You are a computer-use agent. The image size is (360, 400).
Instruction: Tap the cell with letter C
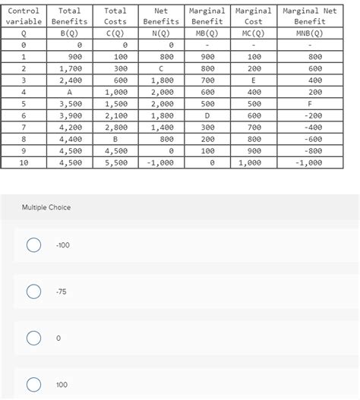(x=161, y=68)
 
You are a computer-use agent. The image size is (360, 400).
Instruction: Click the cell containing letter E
(x=254, y=79)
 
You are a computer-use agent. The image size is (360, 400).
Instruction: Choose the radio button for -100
(x=33, y=245)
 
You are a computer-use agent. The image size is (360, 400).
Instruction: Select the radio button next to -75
(x=33, y=291)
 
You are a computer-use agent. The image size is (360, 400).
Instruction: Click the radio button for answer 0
(x=33, y=338)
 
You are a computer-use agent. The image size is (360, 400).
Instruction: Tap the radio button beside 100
(x=33, y=385)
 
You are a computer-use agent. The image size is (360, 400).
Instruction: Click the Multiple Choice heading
(x=46, y=207)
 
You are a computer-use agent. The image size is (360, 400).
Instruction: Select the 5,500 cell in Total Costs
(x=116, y=162)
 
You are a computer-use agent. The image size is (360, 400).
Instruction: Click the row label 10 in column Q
(x=24, y=162)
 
